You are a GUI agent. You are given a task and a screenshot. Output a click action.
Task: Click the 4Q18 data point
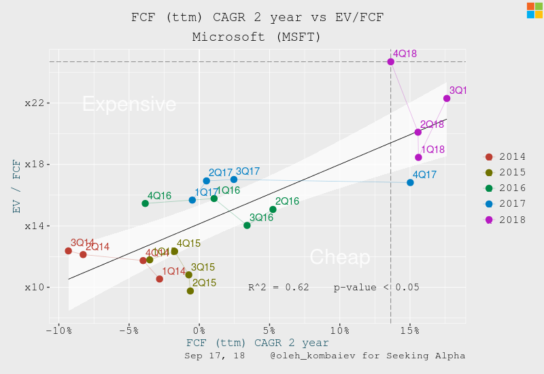click(x=391, y=62)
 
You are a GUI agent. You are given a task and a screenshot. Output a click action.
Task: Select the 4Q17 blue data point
click(x=410, y=182)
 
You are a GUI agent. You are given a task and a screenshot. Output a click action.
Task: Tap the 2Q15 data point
click(x=190, y=291)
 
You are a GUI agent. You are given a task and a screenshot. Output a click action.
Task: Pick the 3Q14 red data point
click(x=68, y=251)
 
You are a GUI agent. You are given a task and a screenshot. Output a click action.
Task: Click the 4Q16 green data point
click(x=145, y=203)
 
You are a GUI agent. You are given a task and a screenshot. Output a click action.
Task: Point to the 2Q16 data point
click(x=273, y=209)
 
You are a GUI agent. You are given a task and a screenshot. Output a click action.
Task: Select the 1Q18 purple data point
click(x=418, y=157)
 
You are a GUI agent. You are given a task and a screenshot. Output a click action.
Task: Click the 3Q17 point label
click(x=248, y=171)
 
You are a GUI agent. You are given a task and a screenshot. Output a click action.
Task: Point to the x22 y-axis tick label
click(x=34, y=103)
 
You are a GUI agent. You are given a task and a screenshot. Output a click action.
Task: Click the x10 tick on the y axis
click(x=34, y=288)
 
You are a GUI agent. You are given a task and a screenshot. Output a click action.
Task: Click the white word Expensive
click(x=129, y=104)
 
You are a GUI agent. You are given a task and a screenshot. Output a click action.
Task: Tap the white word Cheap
click(x=340, y=257)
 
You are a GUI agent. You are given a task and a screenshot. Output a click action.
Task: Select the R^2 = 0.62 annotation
click(x=278, y=288)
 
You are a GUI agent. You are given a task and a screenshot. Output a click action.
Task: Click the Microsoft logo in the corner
click(x=534, y=10)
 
